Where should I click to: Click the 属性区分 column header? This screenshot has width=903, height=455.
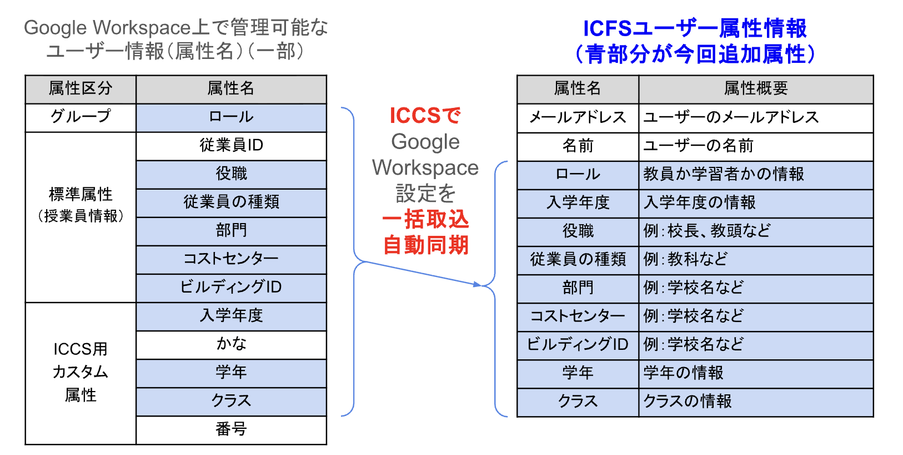81,89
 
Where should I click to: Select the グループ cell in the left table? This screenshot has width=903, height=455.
81,117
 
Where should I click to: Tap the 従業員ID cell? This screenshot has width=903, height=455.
231,146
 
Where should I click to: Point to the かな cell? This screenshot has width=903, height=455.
231,344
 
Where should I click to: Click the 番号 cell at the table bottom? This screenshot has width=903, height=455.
231,429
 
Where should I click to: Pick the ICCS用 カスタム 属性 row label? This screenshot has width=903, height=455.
81,372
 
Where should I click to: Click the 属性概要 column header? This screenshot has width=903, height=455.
755,89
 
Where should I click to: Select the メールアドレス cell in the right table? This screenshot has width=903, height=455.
578,118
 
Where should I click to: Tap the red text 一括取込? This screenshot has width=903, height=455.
425,220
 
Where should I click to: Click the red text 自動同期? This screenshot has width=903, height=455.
425,245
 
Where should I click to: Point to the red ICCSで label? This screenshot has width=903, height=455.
425,116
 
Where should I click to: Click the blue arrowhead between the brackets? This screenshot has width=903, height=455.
477,284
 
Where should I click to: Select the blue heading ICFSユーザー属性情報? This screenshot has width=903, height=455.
694,28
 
